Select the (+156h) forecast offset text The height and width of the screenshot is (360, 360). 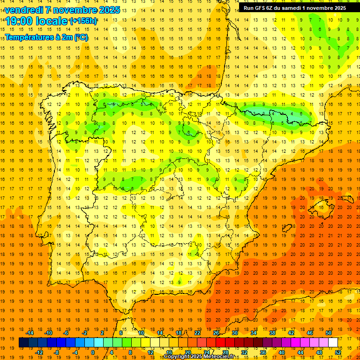coord(83,21)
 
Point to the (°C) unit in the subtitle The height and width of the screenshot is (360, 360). coord(81,37)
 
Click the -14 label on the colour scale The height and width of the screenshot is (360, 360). coord(30,333)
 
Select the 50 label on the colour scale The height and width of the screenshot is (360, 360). coord(328,333)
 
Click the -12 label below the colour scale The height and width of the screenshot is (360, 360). coord(39,352)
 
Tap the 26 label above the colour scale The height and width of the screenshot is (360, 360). coord(216,333)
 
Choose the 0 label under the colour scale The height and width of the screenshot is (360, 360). coord(92,352)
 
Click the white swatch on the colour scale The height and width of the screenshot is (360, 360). coord(333,342)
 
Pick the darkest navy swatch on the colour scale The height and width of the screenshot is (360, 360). coord(23,342)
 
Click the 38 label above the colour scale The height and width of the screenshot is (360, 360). coord(272,333)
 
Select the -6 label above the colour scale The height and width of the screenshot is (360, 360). coord(67,333)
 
